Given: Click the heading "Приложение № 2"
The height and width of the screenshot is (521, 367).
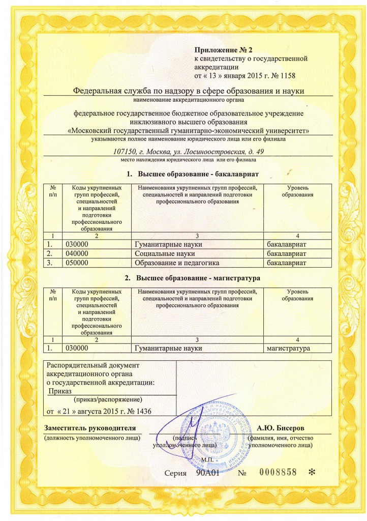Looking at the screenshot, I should pyautogui.click(x=223, y=49).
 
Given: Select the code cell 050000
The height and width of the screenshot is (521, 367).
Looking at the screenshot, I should pyautogui.click(x=78, y=263).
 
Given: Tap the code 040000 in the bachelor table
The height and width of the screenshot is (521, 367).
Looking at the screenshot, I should pyautogui.click(x=78, y=253).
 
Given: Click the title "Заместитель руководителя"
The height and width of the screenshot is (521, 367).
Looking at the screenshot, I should pyautogui.click(x=90, y=427).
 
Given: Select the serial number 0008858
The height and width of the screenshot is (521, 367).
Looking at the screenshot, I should pyautogui.click(x=278, y=472).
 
